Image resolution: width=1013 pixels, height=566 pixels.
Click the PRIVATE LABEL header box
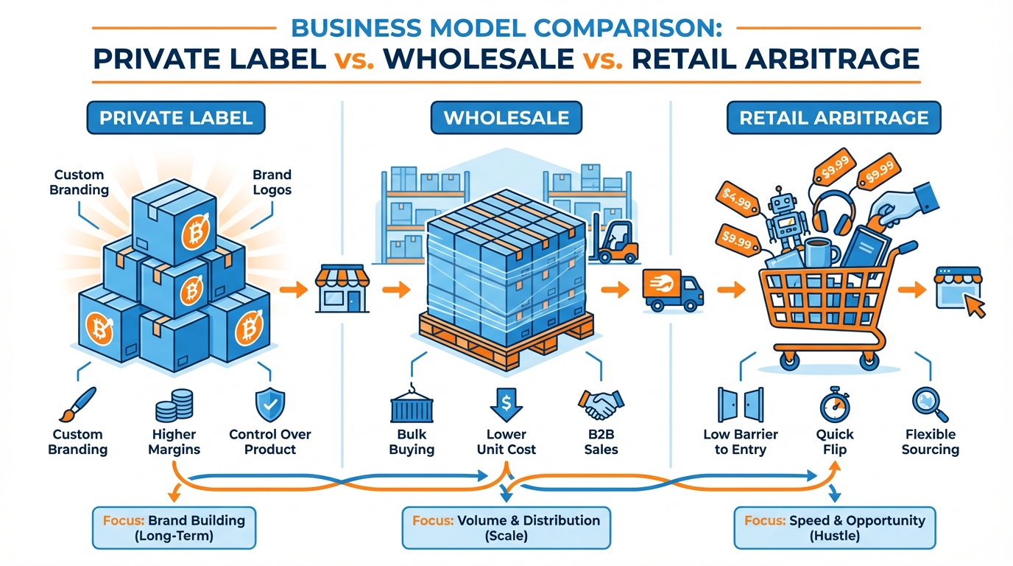[176, 117]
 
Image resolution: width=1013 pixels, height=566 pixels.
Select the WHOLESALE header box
[506, 117]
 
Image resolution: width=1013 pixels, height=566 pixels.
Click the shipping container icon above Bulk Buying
[412, 406]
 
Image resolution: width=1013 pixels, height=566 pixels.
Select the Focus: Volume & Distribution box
[506, 528]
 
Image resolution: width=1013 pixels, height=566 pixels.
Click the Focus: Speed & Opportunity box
[835, 528]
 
